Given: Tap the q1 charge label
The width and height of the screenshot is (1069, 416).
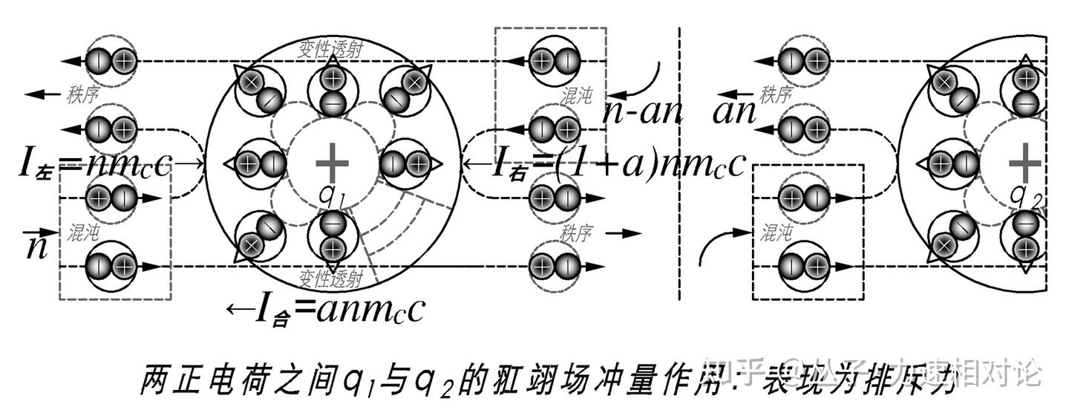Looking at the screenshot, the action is (331, 194).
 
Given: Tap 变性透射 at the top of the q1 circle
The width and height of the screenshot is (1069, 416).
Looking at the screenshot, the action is (331, 47).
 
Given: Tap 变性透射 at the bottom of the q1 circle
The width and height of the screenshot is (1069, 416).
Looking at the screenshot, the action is (331, 278).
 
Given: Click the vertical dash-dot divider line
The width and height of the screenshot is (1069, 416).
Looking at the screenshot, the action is (680, 163).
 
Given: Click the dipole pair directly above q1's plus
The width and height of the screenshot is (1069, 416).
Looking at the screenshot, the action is (332, 90).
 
